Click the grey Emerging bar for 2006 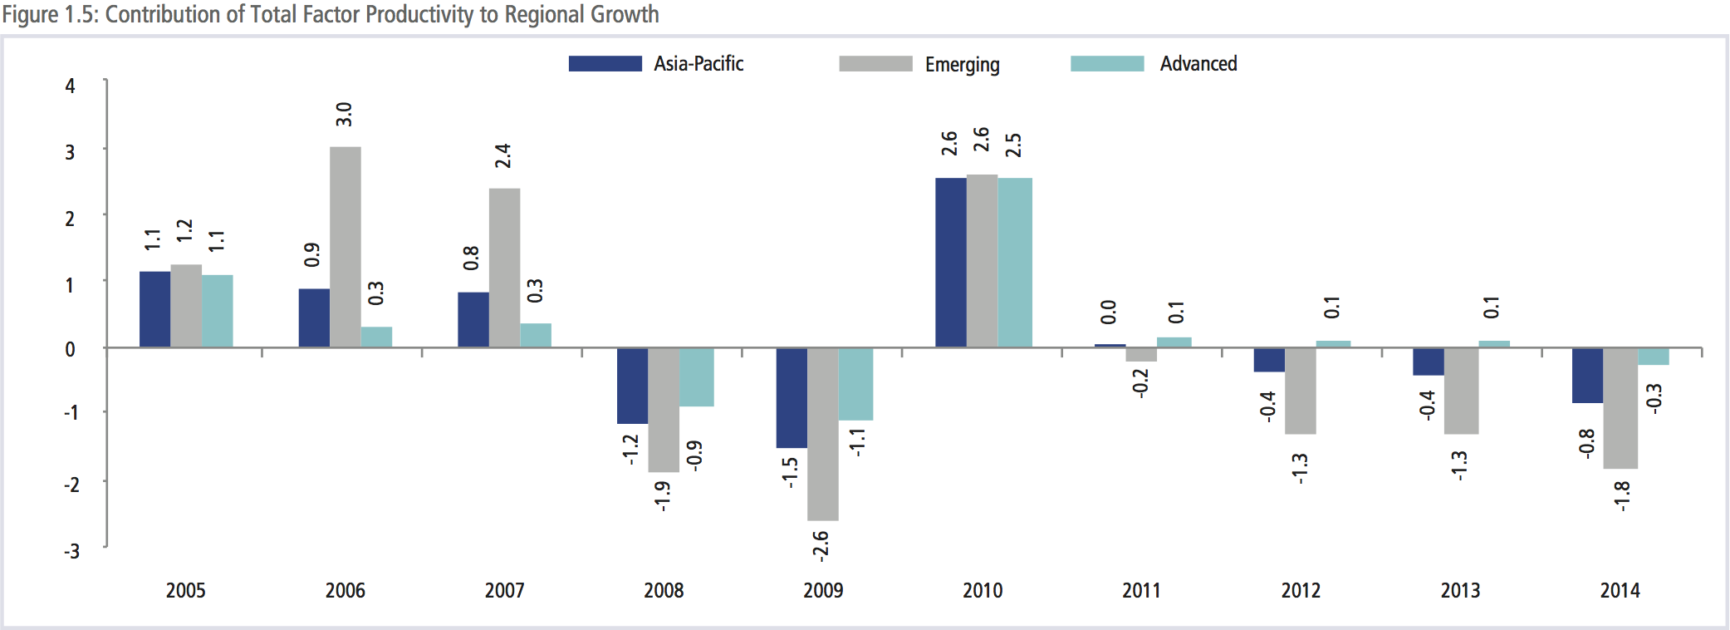346,247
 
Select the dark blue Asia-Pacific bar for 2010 951,263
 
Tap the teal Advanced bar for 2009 855,384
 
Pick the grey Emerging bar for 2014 1620,408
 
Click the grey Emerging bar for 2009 823,434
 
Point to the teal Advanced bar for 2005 218,311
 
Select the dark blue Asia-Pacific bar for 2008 632,386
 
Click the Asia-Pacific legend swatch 605,64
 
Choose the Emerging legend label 962,65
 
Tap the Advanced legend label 1198,64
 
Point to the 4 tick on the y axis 71,86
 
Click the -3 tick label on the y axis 72,551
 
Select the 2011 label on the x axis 1141,591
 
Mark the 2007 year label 504,591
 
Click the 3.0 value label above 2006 344,115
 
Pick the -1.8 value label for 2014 1621,496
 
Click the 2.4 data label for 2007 502,156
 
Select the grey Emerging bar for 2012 1301,391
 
